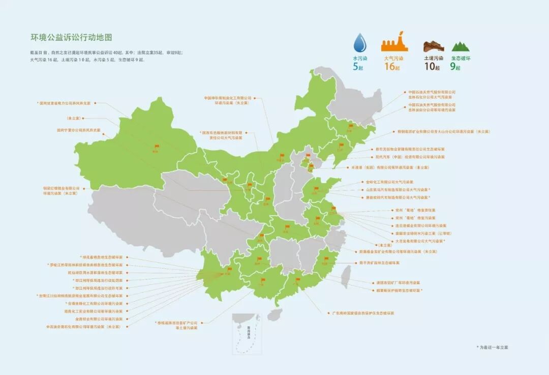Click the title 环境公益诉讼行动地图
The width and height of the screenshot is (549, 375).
[x=71, y=38]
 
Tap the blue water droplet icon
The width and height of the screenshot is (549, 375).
[x=360, y=43]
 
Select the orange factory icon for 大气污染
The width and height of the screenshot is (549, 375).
[x=394, y=41]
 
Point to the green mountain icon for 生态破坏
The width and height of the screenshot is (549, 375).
[x=461, y=47]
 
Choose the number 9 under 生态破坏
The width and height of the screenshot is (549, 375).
[x=452, y=66]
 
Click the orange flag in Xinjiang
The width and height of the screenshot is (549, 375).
[x=156, y=147]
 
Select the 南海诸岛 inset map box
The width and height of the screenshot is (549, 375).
[x=247, y=334]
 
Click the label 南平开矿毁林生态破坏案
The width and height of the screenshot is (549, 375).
[x=379, y=263]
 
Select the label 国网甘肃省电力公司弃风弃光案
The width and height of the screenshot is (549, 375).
[x=68, y=103]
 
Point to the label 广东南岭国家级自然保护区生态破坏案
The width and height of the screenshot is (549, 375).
[x=363, y=313]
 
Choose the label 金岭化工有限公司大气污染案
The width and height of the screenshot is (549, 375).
[x=389, y=182]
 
